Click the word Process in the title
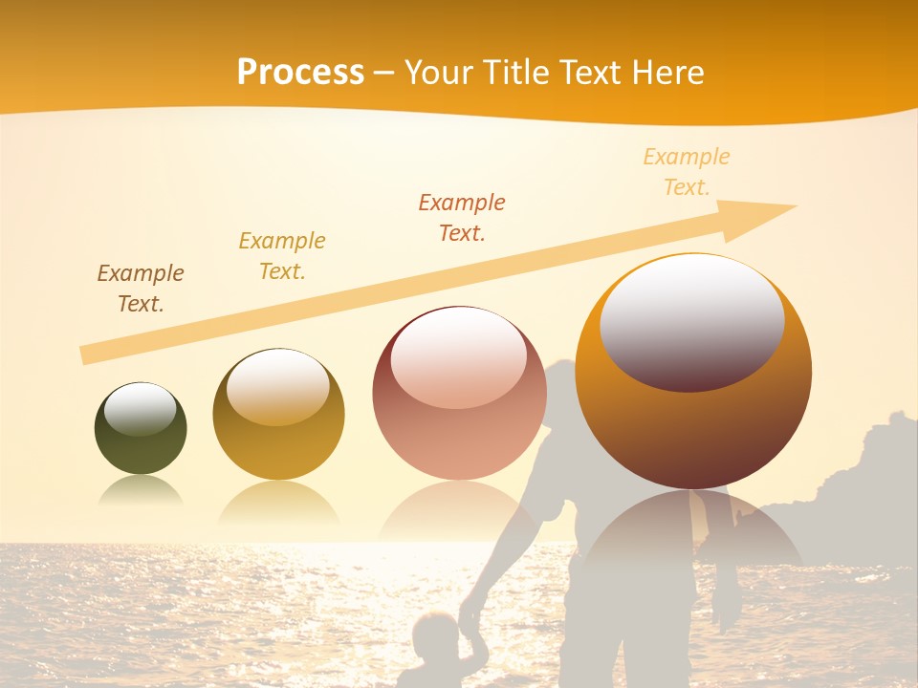tap(300, 73)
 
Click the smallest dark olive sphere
tap(141, 430)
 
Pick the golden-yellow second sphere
tap(278, 417)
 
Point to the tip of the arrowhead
tap(795, 206)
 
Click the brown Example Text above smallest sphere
tap(141, 288)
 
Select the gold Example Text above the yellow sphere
tap(282, 255)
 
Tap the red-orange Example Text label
tap(462, 217)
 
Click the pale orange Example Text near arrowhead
tap(687, 171)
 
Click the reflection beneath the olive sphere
tap(141, 491)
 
